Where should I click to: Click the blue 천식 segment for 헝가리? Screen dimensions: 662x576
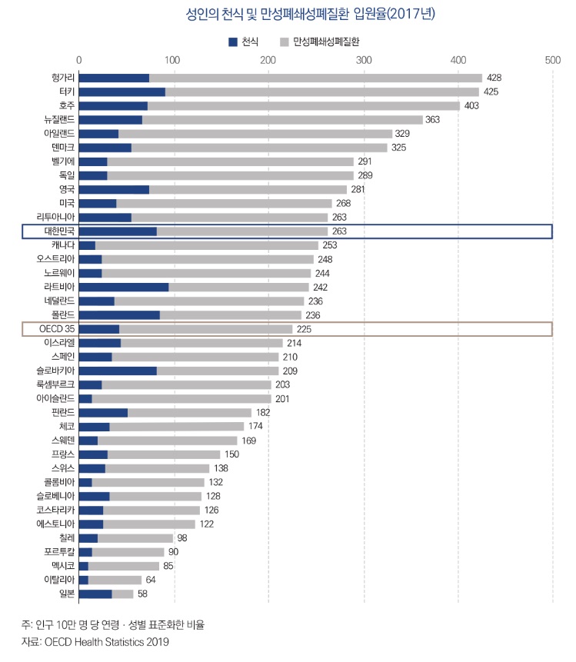(x=114, y=78)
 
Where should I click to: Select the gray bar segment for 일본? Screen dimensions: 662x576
(x=123, y=594)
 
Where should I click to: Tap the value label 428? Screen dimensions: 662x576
(x=494, y=78)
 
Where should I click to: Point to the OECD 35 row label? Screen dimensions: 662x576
(x=57, y=329)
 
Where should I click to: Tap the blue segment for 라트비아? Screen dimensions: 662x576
(x=124, y=287)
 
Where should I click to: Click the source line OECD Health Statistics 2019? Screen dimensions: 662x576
(x=95, y=641)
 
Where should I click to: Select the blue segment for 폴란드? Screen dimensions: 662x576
(x=119, y=314)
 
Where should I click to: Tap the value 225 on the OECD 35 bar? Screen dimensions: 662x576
(x=304, y=329)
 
